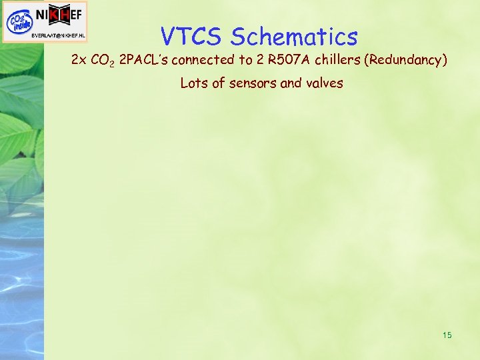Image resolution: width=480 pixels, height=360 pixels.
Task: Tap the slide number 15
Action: point(447,335)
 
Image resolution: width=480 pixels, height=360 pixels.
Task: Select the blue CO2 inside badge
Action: point(18,21)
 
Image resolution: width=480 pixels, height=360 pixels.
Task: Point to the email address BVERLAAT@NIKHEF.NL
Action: point(59,35)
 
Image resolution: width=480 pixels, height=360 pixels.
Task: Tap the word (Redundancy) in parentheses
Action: point(406,61)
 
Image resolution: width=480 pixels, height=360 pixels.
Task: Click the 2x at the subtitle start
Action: point(79,61)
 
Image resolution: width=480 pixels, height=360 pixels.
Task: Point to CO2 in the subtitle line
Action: point(103,61)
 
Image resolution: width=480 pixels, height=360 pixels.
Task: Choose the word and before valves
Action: point(291,83)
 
